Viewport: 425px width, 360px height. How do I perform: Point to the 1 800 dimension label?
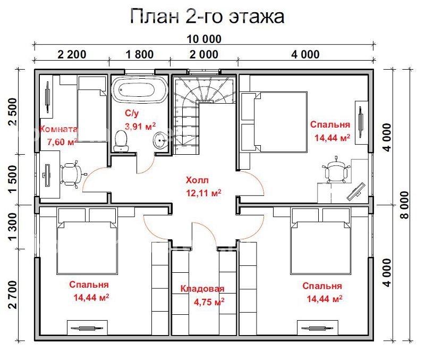[x=139, y=54]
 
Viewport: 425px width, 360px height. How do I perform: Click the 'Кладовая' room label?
[x=202, y=289]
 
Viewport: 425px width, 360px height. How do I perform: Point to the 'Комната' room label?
[x=59, y=129]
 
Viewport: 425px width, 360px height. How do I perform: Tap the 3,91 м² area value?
[x=140, y=125]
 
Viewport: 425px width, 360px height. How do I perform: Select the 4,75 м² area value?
[x=208, y=300]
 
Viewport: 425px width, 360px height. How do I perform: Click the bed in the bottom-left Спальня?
[x=86, y=239]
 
